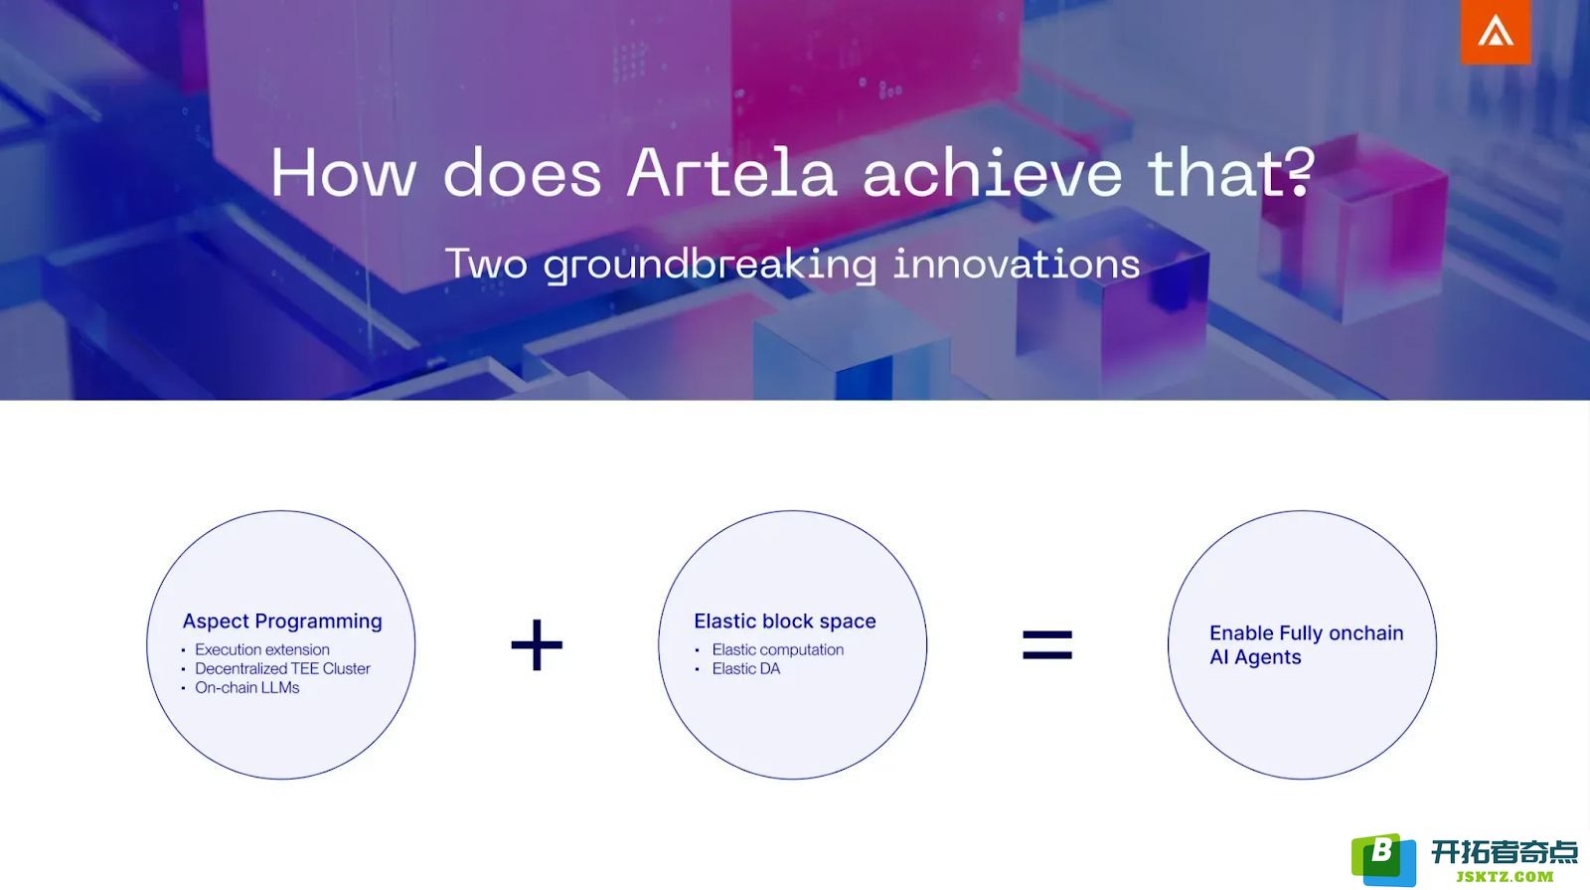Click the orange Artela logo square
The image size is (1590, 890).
(x=1495, y=32)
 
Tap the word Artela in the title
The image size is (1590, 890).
(x=731, y=173)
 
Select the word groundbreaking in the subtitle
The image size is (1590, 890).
(x=710, y=266)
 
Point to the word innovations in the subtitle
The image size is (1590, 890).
(x=1017, y=264)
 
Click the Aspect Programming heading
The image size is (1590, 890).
(x=282, y=622)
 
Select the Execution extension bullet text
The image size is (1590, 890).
(x=262, y=649)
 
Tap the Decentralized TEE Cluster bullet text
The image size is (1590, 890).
(x=282, y=668)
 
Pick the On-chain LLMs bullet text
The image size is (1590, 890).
(x=247, y=687)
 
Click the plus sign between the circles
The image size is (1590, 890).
(x=537, y=645)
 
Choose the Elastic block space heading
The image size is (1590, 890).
(x=784, y=622)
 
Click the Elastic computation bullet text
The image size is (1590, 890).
(x=778, y=649)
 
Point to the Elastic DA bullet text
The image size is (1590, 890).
(x=746, y=668)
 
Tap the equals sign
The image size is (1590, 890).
(x=1047, y=645)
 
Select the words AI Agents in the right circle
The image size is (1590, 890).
(x=1255, y=657)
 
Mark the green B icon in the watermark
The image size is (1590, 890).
(x=1382, y=859)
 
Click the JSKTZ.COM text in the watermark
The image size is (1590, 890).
(x=1505, y=876)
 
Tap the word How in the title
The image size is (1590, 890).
(x=344, y=173)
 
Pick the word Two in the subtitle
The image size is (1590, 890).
(x=487, y=264)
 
